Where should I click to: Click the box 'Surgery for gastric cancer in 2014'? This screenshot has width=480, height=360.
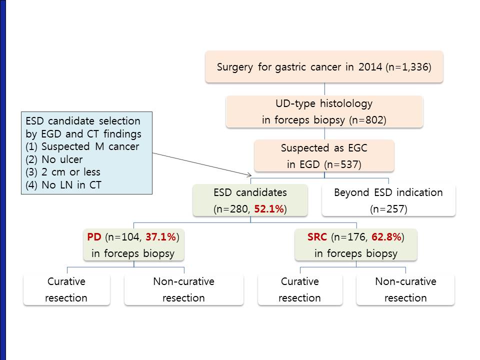324,66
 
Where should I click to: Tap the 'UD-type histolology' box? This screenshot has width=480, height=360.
324,111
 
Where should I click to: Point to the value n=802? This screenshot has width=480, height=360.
367,120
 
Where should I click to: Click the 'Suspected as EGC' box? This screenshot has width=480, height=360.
324,156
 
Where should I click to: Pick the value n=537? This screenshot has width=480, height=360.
342,164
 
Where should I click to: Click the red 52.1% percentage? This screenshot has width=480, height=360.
269,209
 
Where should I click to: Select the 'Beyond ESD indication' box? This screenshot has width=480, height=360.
388,200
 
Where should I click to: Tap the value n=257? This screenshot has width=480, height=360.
388,209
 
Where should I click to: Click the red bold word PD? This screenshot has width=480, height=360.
94,237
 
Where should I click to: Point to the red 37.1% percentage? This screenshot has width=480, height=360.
161,237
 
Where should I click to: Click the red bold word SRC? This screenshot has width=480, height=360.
317,237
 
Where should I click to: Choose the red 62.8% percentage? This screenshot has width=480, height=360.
386,237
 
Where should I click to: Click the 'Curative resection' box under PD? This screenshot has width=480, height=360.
66,289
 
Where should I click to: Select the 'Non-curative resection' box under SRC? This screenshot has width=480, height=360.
405,289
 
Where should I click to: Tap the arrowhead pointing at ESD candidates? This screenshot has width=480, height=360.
250,175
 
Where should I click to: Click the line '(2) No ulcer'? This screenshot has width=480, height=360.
54,159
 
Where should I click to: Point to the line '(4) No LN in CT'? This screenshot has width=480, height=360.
63,185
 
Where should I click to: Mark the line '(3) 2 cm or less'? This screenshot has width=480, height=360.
63,172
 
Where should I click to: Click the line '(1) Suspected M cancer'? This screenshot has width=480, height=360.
82,146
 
